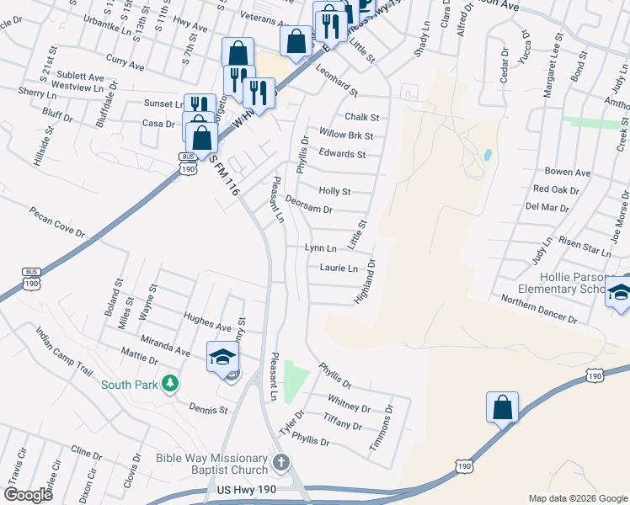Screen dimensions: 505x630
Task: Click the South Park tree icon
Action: [170, 384]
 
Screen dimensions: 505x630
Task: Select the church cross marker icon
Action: [281, 464]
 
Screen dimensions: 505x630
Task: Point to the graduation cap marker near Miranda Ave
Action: [222, 358]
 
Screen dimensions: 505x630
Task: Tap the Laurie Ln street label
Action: [339, 268]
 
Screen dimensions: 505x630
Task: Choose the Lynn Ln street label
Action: [321, 248]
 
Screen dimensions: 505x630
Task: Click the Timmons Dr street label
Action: [382, 427]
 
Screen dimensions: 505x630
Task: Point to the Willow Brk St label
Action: [346, 136]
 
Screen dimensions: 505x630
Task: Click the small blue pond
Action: [488, 155]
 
